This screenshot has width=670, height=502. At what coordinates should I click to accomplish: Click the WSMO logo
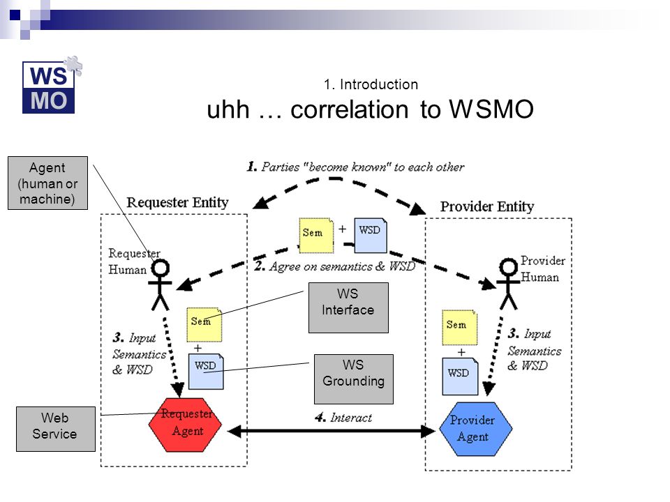tap(51, 85)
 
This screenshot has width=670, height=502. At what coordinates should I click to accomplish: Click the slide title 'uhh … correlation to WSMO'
tap(370, 109)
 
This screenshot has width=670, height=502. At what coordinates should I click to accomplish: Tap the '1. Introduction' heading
tap(371, 84)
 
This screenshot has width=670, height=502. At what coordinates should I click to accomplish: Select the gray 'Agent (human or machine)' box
tap(47, 183)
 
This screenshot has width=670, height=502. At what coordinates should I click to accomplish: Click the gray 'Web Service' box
tap(56, 429)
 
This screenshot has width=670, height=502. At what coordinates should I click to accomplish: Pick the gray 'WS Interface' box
tap(348, 307)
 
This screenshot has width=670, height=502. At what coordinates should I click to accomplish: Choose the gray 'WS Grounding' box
tap(353, 379)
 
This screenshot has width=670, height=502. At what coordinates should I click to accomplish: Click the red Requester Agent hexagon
tap(185, 425)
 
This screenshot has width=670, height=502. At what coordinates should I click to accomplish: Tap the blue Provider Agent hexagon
tap(475, 429)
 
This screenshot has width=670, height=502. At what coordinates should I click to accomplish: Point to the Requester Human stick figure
tap(161, 285)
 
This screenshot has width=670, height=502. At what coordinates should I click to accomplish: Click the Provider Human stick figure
tap(508, 284)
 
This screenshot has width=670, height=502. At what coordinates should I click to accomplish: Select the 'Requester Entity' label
tap(177, 202)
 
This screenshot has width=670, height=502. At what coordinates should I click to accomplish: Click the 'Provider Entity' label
tap(487, 206)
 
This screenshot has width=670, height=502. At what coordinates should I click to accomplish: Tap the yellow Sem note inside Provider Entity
tap(459, 328)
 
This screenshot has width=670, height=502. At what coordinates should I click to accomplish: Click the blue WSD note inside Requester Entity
tap(206, 371)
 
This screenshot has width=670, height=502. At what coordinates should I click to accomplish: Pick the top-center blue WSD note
tap(371, 235)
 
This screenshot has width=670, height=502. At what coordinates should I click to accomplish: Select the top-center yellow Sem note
tap(315, 235)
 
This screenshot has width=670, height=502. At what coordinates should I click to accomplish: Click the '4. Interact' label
tap(343, 418)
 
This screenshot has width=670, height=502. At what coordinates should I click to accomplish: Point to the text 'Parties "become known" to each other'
tap(363, 167)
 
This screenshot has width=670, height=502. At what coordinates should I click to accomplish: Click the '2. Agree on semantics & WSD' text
tap(335, 266)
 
